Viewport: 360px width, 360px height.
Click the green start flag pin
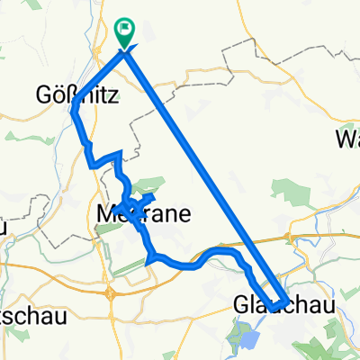pos(124,33)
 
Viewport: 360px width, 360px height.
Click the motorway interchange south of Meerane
pos(109,292)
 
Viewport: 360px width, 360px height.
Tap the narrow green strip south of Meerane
pos(134,265)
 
